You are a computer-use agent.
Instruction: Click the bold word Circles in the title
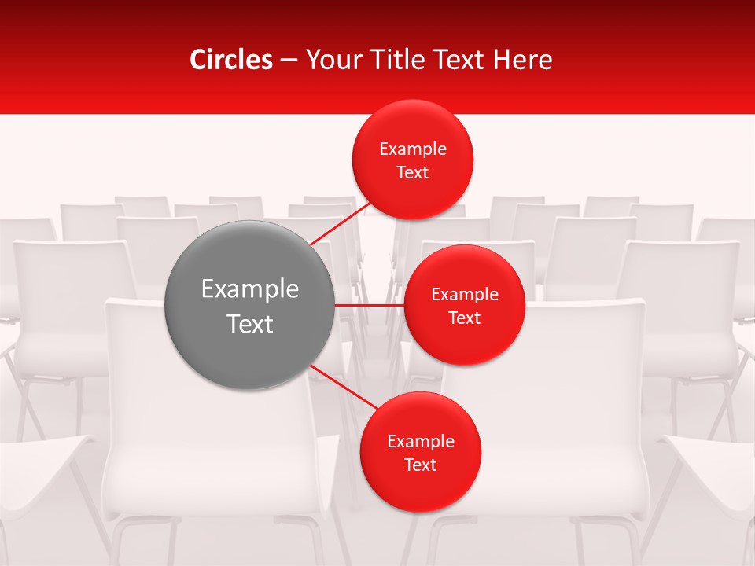(x=231, y=60)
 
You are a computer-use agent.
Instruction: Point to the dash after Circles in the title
(x=289, y=61)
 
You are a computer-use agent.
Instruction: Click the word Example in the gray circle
(x=250, y=289)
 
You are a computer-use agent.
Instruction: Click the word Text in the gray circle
(x=250, y=324)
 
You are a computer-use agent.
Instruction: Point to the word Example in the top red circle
(x=413, y=149)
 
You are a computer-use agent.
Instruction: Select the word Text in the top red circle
(x=413, y=173)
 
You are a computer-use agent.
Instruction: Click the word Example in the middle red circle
(x=465, y=295)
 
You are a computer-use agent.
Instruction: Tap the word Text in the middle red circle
(x=465, y=318)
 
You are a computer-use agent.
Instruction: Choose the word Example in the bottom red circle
(x=421, y=442)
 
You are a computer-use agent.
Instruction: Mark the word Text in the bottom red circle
(x=421, y=465)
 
